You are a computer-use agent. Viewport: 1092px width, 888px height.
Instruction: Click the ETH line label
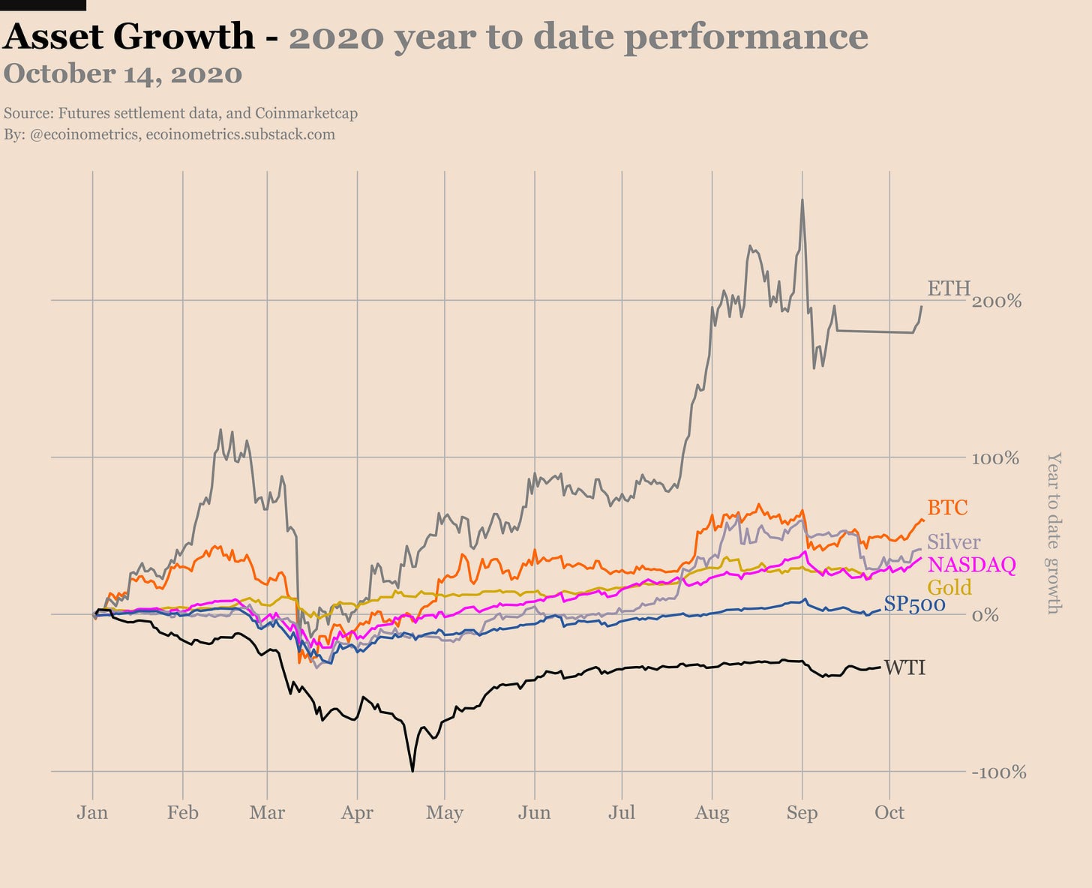click(x=949, y=288)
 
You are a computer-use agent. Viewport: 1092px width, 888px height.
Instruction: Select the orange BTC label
click(x=947, y=508)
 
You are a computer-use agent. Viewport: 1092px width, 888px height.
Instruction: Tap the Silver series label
click(x=953, y=541)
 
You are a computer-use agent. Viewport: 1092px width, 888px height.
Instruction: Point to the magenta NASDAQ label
click(x=971, y=565)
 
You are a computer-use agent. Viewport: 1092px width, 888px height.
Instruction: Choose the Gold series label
click(x=949, y=587)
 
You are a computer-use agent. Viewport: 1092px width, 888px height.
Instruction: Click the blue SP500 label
click(x=914, y=604)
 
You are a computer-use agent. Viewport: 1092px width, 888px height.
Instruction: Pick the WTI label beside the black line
click(x=904, y=667)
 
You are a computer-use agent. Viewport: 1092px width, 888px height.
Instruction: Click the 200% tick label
click(x=996, y=301)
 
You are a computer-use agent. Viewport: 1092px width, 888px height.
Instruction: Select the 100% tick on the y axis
click(x=995, y=458)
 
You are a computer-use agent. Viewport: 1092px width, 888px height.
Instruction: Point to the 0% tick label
click(x=985, y=616)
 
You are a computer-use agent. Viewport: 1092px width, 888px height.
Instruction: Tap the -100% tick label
click(x=998, y=772)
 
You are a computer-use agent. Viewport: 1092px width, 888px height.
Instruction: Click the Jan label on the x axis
click(x=92, y=813)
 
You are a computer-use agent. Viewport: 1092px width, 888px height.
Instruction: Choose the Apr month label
click(x=357, y=813)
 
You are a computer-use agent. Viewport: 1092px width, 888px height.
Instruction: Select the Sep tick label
click(x=802, y=813)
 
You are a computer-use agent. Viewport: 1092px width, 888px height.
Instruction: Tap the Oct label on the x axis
click(x=889, y=813)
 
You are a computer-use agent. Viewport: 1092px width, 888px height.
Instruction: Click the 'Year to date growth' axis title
click(x=1054, y=532)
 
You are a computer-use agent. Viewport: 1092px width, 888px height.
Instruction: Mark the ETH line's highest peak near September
click(x=802, y=200)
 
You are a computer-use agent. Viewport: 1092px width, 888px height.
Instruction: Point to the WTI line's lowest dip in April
click(x=412, y=770)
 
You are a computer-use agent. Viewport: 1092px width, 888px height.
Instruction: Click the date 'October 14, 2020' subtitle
click(x=123, y=74)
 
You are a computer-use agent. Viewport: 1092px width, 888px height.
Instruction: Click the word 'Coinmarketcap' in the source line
click(x=306, y=114)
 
